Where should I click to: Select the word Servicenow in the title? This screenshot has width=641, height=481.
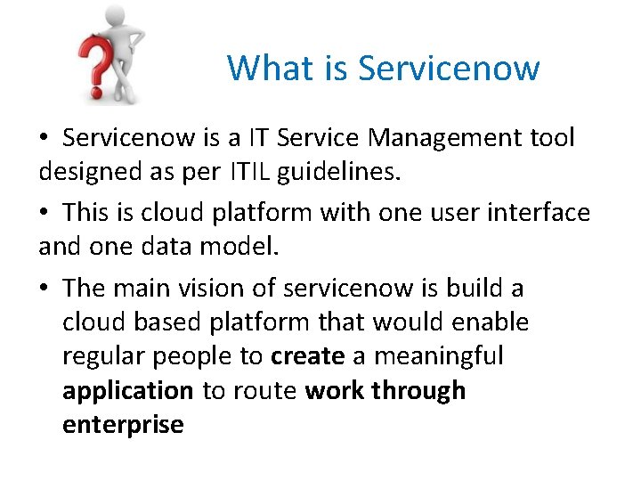tap(449, 68)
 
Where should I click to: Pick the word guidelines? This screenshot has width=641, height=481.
tap(337, 172)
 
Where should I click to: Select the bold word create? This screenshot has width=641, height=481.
tap(307, 356)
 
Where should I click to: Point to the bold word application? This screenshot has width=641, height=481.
tap(127, 391)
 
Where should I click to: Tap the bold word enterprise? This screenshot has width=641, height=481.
tap(123, 425)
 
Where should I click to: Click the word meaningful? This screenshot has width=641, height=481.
tap(440, 356)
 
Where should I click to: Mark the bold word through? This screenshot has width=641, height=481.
tap(418, 391)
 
